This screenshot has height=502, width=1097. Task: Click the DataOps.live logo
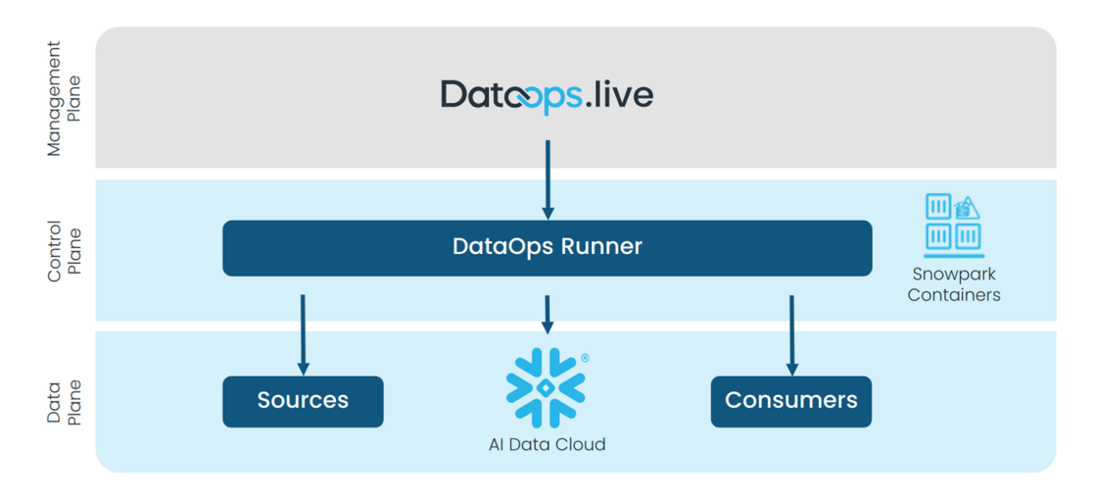point(547,96)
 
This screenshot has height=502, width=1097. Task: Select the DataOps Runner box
point(547,247)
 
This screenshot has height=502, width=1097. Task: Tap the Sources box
point(303,401)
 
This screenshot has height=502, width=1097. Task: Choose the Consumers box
point(790,401)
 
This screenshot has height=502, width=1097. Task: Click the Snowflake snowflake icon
point(546,387)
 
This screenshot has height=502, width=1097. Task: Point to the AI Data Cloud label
point(547,444)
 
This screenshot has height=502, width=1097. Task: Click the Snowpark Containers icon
point(953,225)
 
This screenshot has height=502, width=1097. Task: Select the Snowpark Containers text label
point(953,284)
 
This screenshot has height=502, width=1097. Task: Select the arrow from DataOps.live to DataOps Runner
point(548,178)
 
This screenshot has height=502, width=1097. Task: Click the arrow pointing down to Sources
point(303,334)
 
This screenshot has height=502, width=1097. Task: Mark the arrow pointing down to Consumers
point(791,334)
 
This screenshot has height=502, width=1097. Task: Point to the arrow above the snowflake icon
point(548,315)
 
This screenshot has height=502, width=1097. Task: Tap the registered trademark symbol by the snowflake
point(585,359)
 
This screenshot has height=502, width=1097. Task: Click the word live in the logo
point(622,95)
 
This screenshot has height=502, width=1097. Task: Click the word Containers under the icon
point(953,295)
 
